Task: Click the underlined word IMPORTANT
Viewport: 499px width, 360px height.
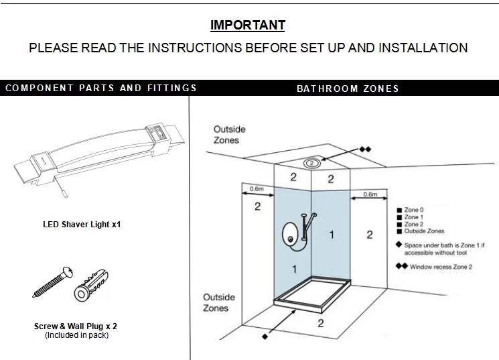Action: (x=248, y=25)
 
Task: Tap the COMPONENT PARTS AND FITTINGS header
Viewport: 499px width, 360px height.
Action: (x=101, y=88)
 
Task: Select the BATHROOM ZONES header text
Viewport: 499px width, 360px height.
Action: (x=348, y=88)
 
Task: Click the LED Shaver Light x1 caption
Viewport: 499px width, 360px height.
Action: (x=82, y=225)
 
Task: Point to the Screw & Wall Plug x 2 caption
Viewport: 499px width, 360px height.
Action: (x=76, y=326)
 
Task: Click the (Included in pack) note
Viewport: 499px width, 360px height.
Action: (x=77, y=335)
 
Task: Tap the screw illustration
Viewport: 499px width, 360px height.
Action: (x=53, y=282)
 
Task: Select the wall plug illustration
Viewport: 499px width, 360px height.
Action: (x=91, y=286)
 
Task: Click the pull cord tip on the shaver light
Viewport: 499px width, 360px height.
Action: (x=64, y=194)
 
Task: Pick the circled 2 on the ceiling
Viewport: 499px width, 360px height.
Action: (x=311, y=164)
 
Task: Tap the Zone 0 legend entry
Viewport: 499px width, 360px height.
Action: (x=410, y=210)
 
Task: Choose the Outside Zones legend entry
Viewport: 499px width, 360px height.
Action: (x=421, y=231)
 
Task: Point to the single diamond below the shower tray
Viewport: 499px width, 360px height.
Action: (x=265, y=337)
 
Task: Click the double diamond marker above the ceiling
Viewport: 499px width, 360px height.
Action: (x=365, y=149)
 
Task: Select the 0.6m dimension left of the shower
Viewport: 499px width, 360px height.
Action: (x=257, y=189)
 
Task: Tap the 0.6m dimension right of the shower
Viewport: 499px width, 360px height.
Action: (x=370, y=194)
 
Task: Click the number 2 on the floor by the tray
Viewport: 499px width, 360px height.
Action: (x=320, y=323)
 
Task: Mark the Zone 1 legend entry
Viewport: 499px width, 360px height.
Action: (x=410, y=217)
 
